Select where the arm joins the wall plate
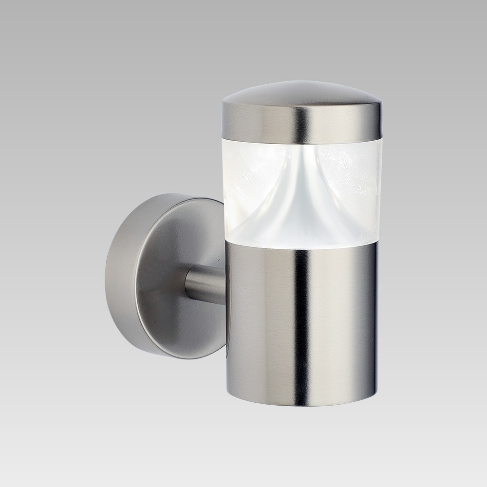[x=187, y=285]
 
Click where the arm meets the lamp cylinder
[x=225, y=285]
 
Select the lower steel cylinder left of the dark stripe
[x=263, y=326]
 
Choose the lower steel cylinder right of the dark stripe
[x=346, y=326]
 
